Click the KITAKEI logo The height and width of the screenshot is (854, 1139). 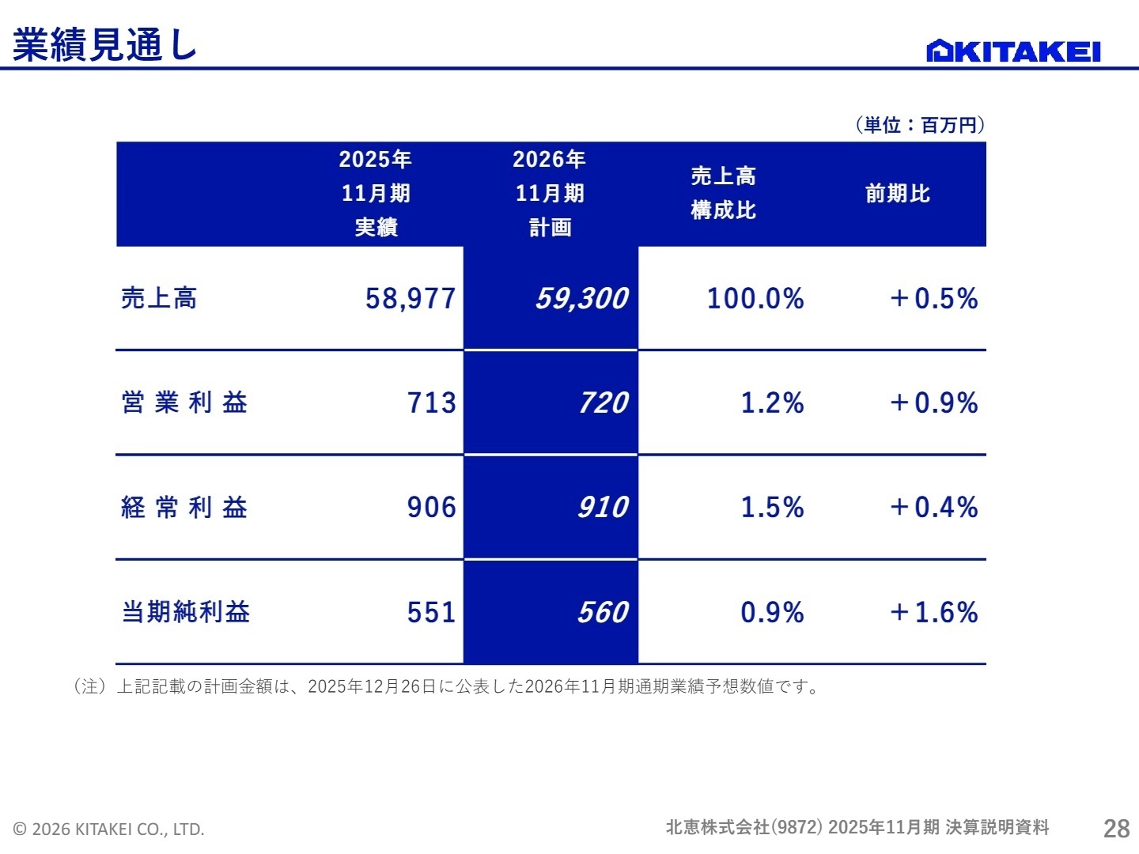pyautogui.click(x=1013, y=51)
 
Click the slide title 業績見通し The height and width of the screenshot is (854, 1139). pyautogui.click(x=104, y=45)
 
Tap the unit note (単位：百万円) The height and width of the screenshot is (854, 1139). pyautogui.click(x=920, y=125)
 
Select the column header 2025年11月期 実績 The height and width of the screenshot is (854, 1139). pyautogui.click(x=376, y=194)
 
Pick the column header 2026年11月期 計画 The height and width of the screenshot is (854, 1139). pyautogui.click(x=550, y=194)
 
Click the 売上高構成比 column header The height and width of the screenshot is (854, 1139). pyautogui.click(x=723, y=194)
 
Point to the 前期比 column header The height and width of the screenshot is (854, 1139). pyautogui.click(x=898, y=194)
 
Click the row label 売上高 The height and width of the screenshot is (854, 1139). pyautogui.click(x=159, y=298)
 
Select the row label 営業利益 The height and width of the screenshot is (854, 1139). pyautogui.click(x=184, y=402)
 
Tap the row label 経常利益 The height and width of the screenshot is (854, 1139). pyautogui.click(x=184, y=507)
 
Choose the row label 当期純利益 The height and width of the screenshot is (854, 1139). pyautogui.click(x=186, y=612)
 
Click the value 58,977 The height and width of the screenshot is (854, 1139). pyautogui.click(x=411, y=298)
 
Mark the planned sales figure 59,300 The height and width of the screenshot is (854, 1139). pyautogui.click(x=581, y=298)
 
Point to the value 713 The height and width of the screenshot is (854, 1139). pyautogui.click(x=432, y=402)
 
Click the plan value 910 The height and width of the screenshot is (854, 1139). pyautogui.click(x=603, y=507)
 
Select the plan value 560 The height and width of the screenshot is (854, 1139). pyautogui.click(x=603, y=612)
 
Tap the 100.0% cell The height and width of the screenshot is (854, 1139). pyautogui.click(x=755, y=298)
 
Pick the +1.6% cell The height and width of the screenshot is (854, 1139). pyautogui.click(x=933, y=612)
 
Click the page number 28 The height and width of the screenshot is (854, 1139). pyautogui.click(x=1117, y=828)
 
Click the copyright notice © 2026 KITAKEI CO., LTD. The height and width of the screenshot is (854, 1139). pyautogui.click(x=109, y=829)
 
